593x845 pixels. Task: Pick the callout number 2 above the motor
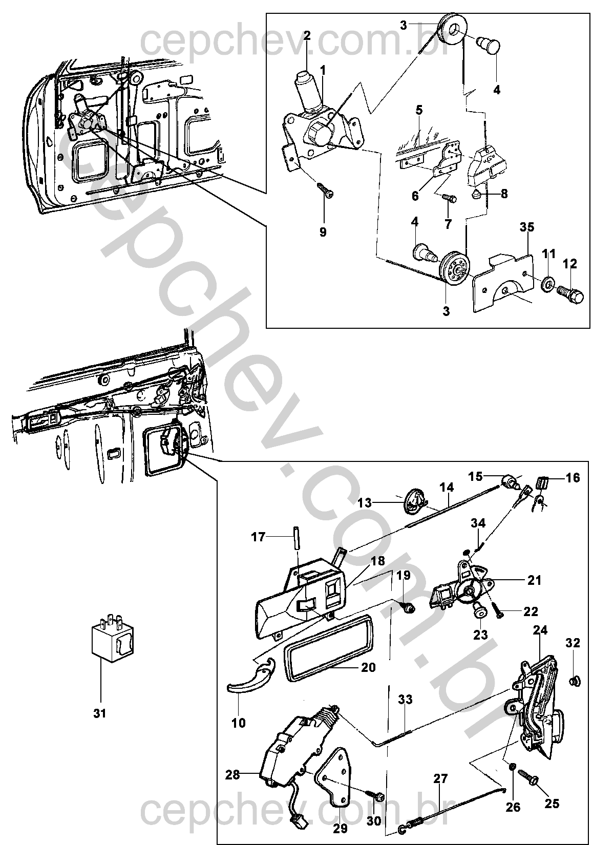click(307, 36)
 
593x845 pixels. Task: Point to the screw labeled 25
click(530, 774)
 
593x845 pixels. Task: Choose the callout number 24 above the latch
click(540, 630)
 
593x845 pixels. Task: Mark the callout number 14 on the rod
click(446, 488)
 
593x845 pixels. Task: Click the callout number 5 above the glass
click(419, 111)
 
